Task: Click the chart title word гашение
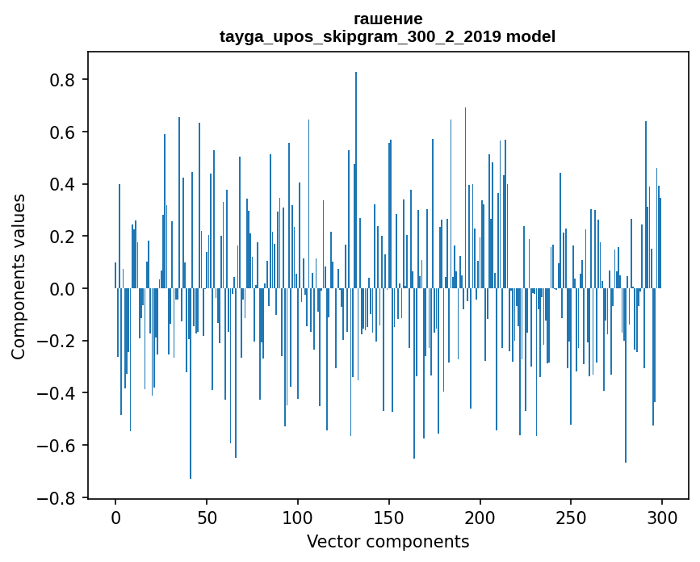pyautogui.click(x=388, y=19)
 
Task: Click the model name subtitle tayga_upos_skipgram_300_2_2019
pyautogui.click(x=360, y=36)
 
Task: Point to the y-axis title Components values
pyautogui.click(x=19, y=277)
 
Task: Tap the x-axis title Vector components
pyautogui.click(x=388, y=542)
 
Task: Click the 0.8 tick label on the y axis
pyautogui.click(x=62, y=80)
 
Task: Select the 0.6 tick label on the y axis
pyautogui.click(x=62, y=132)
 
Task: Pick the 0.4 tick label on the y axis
pyautogui.click(x=62, y=184)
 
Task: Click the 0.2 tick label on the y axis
pyautogui.click(x=62, y=237)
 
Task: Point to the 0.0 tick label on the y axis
pyautogui.click(x=62, y=289)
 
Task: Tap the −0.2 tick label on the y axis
pyautogui.click(x=56, y=341)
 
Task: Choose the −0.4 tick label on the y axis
pyautogui.click(x=56, y=393)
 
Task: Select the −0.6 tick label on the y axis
pyautogui.click(x=56, y=446)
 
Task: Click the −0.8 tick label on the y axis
pyautogui.click(x=56, y=497)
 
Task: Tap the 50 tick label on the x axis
pyautogui.click(x=207, y=518)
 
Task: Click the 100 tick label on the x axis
pyautogui.click(x=298, y=518)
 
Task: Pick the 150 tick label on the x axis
pyautogui.click(x=389, y=518)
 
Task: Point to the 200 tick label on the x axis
pyautogui.click(x=480, y=518)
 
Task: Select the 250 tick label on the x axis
pyautogui.click(x=571, y=518)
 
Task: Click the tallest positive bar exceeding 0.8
pyautogui.click(x=356, y=180)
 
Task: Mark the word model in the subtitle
pyautogui.click(x=530, y=36)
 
